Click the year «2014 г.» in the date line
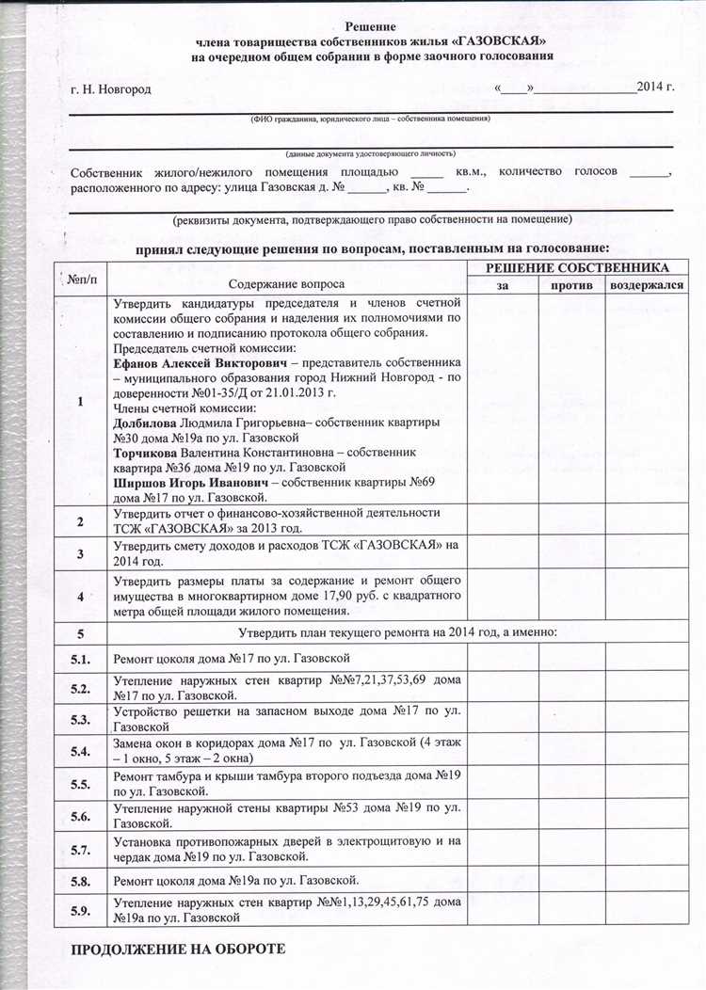pyautogui.click(x=655, y=88)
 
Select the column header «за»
pyautogui.click(x=502, y=285)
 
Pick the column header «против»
pyautogui.click(x=570, y=285)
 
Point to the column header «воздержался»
pyautogui.click(x=646, y=285)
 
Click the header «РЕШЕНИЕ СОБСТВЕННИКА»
pyautogui.click(x=577, y=269)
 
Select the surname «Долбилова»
pyautogui.click(x=145, y=423)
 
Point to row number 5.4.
pyautogui.click(x=80, y=751)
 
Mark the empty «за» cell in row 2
pyautogui.click(x=502, y=519)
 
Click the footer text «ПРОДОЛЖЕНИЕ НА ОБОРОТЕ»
pyautogui.click(x=178, y=950)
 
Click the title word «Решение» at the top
pyautogui.click(x=369, y=28)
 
